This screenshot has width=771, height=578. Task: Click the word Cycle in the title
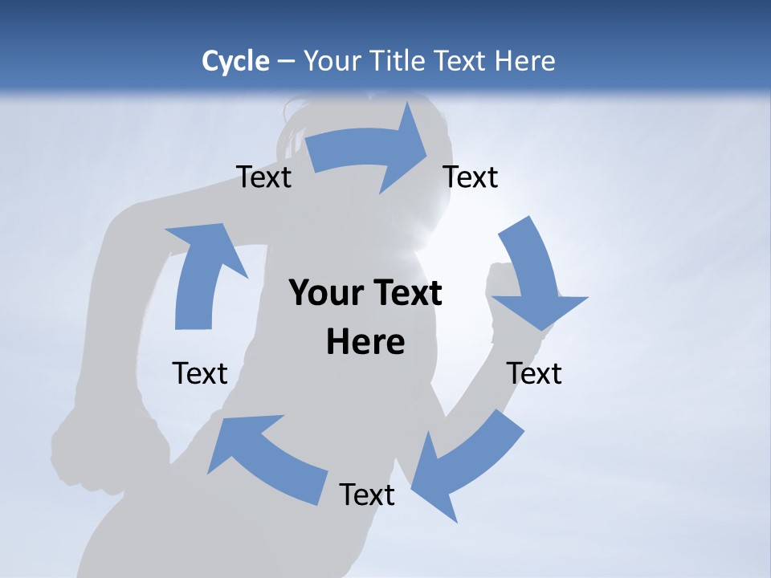[235, 61]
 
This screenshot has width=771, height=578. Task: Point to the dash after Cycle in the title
[287, 62]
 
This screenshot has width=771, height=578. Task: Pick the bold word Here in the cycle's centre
[365, 342]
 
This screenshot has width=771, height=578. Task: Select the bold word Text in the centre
[405, 294]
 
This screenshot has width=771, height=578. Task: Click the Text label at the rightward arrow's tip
[471, 177]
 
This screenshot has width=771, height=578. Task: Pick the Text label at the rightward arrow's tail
[264, 177]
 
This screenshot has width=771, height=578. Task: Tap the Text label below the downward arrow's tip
[534, 373]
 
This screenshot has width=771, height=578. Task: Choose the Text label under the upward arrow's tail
[200, 373]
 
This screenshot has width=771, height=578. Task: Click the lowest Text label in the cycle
[367, 495]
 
